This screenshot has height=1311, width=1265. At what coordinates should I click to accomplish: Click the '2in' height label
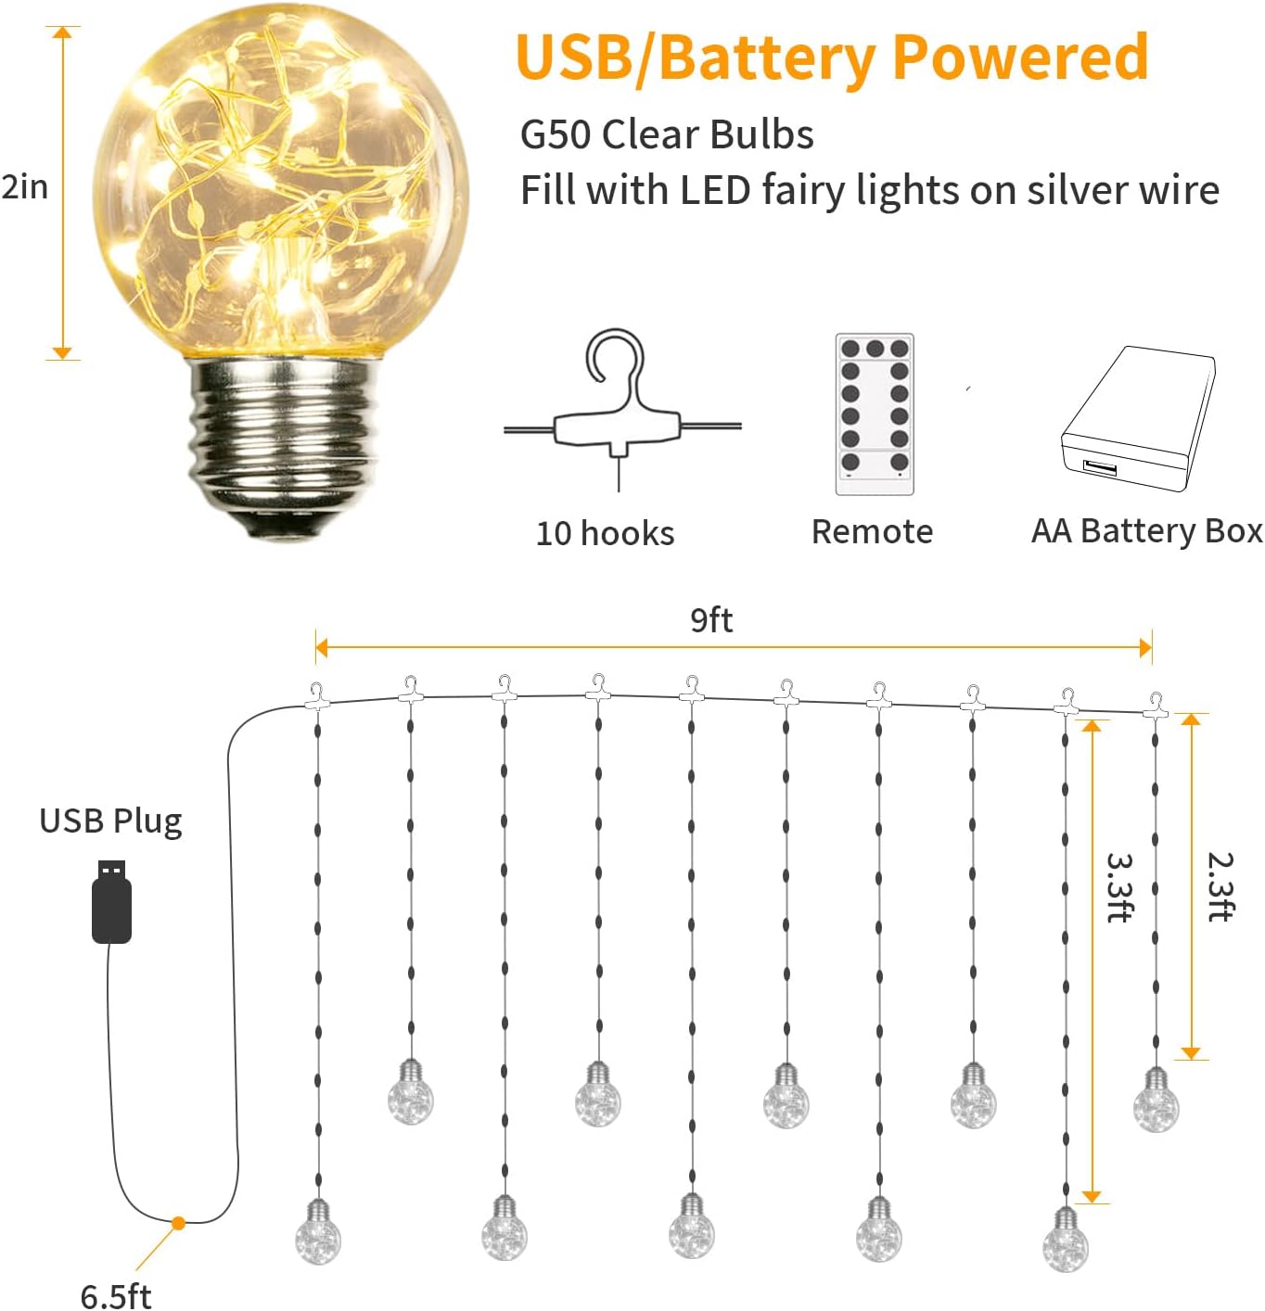click(25, 187)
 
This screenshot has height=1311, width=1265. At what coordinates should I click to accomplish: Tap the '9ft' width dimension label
click(711, 619)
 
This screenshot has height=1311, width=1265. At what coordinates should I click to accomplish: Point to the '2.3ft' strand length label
click(1220, 886)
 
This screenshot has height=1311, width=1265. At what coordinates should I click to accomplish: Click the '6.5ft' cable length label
click(116, 1295)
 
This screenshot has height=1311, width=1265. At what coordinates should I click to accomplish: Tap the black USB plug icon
click(111, 900)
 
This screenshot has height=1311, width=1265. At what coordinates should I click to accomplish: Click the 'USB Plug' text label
click(110, 821)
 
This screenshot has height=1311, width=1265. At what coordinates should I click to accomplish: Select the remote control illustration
click(875, 414)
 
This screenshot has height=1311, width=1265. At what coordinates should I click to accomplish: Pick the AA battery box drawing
click(1138, 418)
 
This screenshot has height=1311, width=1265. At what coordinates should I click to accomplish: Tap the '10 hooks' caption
click(605, 533)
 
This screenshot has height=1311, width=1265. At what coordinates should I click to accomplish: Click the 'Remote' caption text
click(872, 531)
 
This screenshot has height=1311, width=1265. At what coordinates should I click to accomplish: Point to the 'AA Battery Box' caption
click(1146, 531)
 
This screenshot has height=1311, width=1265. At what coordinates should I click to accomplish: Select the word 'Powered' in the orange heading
click(1020, 57)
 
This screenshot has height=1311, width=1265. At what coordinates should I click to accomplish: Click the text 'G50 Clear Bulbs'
click(667, 134)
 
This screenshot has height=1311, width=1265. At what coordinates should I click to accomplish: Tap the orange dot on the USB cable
click(179, 1223)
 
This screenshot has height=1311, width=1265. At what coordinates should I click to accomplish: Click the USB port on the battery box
click(1099, 467)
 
